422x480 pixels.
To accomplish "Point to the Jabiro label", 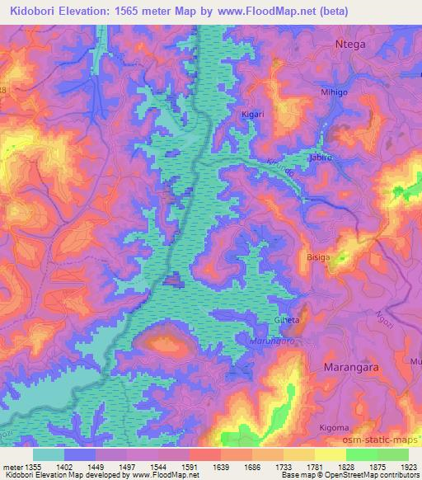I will pyautogui.click(x=320, y=156).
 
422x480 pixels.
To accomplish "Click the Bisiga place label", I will pyautogui.click(x=318, y=257).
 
